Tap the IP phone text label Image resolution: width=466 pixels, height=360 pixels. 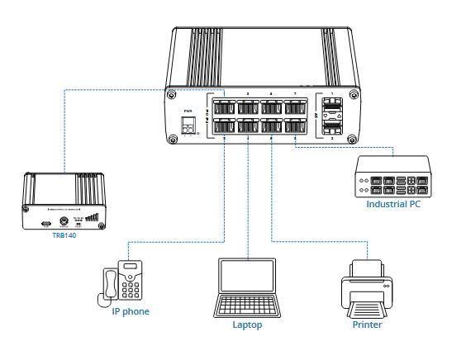pyautogui.click(x=131, y=311)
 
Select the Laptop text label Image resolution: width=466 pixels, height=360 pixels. pyautogui.click(x=247, y=324)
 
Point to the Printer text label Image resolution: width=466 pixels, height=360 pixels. pyautogui.click(x=368, y=324)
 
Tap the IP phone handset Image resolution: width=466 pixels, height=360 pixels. pyautogui.click(x=107, y=285)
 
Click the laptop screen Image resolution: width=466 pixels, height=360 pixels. pyautogui.click(x=247, y=278)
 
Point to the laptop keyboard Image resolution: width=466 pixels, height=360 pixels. pyautogui.click(x=247, y=307)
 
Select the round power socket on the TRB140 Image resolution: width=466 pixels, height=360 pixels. pyautogui.click(x=64, y=222)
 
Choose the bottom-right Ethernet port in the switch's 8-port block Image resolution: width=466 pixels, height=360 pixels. pyautogui.click(x=294, y=128)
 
